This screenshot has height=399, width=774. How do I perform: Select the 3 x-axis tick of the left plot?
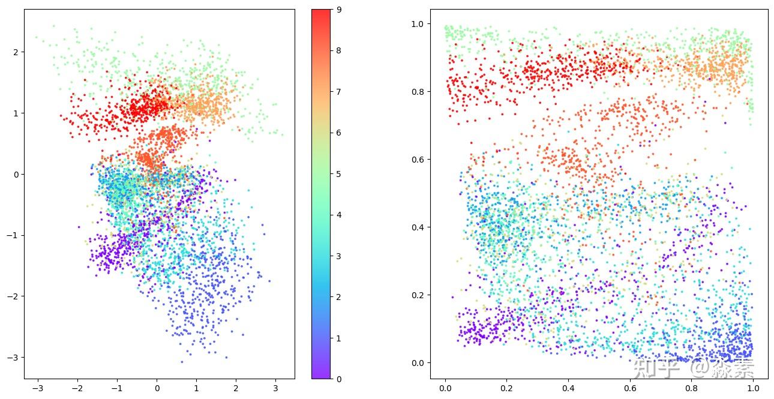point(275,388)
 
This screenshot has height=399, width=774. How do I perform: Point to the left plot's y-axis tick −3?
point(13,358)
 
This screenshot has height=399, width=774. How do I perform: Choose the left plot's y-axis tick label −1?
point(13,236)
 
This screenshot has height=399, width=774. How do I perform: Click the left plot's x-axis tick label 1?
point(196,388)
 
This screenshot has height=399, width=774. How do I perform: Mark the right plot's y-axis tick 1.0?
point(418,24)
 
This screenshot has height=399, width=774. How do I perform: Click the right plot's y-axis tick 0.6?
point(418,160)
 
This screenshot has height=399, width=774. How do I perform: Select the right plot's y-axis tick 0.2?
point(418,295)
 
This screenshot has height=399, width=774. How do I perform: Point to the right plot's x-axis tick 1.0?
point(753,388)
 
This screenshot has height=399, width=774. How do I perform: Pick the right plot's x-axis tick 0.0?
point(445,388)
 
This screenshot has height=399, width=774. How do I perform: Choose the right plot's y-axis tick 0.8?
point(418,92)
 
